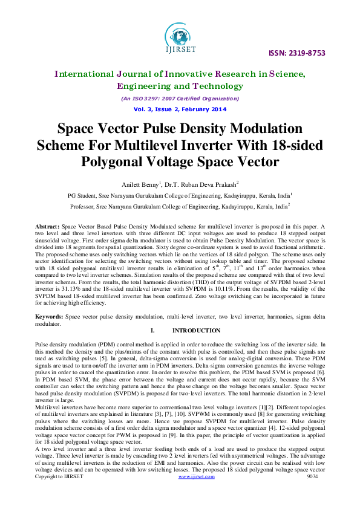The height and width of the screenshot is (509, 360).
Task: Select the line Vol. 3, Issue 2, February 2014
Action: (x=180, y=109)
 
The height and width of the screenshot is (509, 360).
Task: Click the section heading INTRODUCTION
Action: (x=196, y=331)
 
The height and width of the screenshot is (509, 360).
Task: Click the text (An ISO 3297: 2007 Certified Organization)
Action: (x=180, y=98)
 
